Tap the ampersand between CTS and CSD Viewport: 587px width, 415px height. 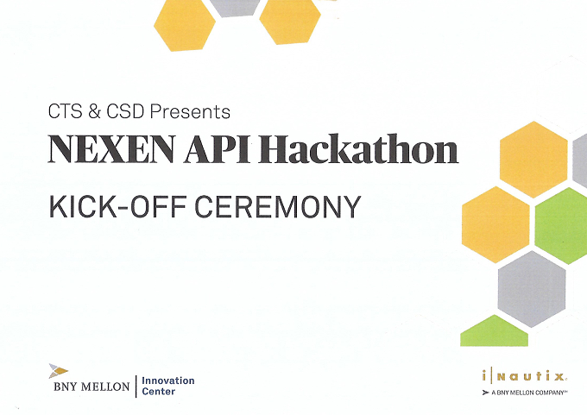pyautogui.click(x=94, y=111)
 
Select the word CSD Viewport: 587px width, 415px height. pyautogui.click(x=125, y=111)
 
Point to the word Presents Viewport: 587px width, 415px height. pyautogui.click(x=190, y=111)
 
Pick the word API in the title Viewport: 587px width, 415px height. pyautogui.click(x=217, y=149)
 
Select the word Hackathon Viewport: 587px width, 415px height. pyautogui.click(x=358, y=148)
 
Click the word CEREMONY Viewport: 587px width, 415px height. pyautogui.click(x=277, y=206)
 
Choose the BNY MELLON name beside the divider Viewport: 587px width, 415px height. pyautogui.click(x=92, y=387)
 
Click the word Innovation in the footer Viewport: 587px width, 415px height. pyautogui.click(x=168, y=380)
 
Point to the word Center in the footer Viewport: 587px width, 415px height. pyautogui.click(x=158, y=392)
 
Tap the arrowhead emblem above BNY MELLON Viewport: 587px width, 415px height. pyautogui.click(x=58, y=371)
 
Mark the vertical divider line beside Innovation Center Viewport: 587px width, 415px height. pyautogui.click(x=136, y=387)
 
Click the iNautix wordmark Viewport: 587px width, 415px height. pyautogui.click(x=523, y=375)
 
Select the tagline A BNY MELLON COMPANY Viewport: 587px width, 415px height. pyautogui.click(x=527, y=393)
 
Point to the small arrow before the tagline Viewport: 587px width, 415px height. pyautogui.click(x=486, y=393)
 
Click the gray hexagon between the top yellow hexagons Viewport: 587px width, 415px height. pyautogui.click(x=235, y=8)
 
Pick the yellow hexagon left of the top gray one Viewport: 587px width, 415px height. pyautogui.click(x=185, y=25)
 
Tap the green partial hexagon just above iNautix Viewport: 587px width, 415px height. pyautogui.click(x=494, y=331)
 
